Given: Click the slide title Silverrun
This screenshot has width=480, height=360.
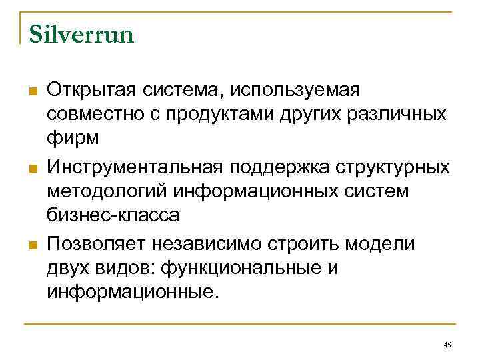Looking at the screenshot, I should coord(81,34).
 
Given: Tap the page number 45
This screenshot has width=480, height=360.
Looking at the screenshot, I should coord(447,344).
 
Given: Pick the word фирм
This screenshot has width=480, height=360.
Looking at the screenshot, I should coord(73,139).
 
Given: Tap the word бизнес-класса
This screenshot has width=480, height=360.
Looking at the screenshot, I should coord(113,217).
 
